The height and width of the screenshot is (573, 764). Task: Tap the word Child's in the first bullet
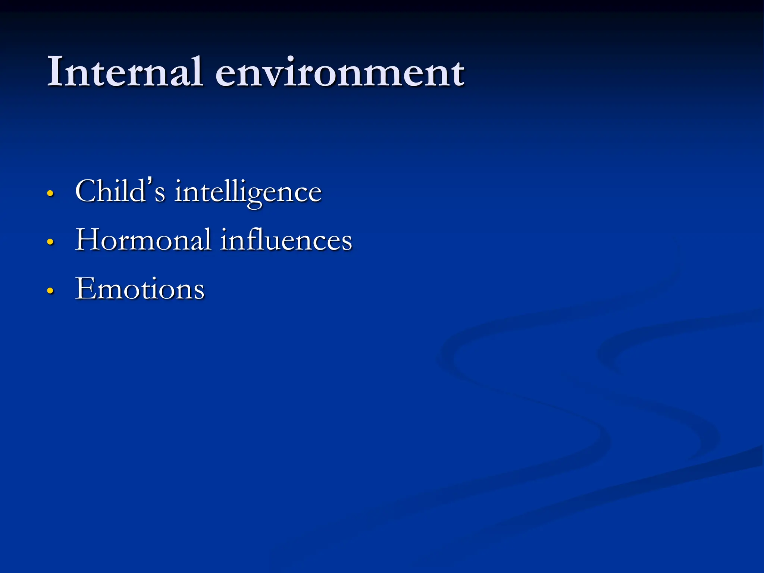120,191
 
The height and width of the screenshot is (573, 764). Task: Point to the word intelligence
248,192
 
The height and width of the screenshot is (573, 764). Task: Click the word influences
286,239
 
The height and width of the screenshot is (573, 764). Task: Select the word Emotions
140,288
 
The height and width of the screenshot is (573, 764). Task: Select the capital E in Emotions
85,288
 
